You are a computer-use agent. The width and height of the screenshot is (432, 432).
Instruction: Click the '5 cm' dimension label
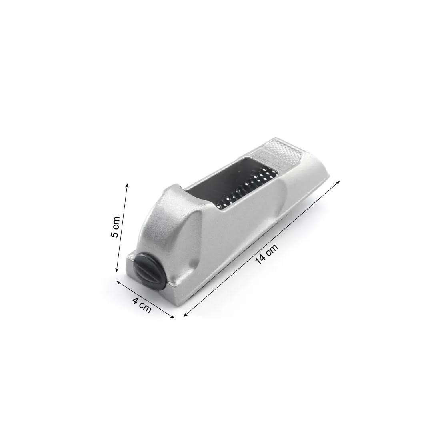coord(115,227)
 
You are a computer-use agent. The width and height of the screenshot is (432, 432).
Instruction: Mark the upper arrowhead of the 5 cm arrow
coord(127,184)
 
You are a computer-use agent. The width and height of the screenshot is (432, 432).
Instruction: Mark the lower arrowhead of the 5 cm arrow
coord(116,271)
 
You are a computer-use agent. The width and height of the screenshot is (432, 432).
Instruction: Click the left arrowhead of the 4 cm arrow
coord(118,282)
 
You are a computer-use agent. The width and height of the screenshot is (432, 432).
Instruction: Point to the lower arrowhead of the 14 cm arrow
coord(185,316)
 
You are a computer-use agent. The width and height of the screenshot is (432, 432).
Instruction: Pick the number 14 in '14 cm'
coord(261,259)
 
